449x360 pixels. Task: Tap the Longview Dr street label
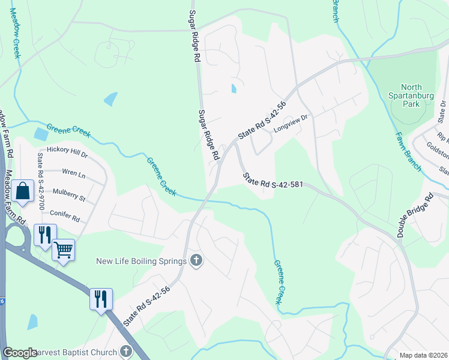[x=291, y=123]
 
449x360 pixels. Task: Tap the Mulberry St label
[x=69, y=197]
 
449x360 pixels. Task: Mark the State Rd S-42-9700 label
[x=41, y=181]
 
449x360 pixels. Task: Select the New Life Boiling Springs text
[x=141, y=260]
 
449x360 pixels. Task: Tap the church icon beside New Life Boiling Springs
[x=195, y=260]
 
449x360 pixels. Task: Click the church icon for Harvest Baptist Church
[x=125, y=351]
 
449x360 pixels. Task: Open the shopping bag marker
[x=22, y=191]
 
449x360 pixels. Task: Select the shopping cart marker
[x=63, y=249]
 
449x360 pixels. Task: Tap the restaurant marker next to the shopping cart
[x=45, y=235]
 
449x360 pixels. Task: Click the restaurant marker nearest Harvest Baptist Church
[x=101, y=298]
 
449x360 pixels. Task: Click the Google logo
[x=20, y=353]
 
